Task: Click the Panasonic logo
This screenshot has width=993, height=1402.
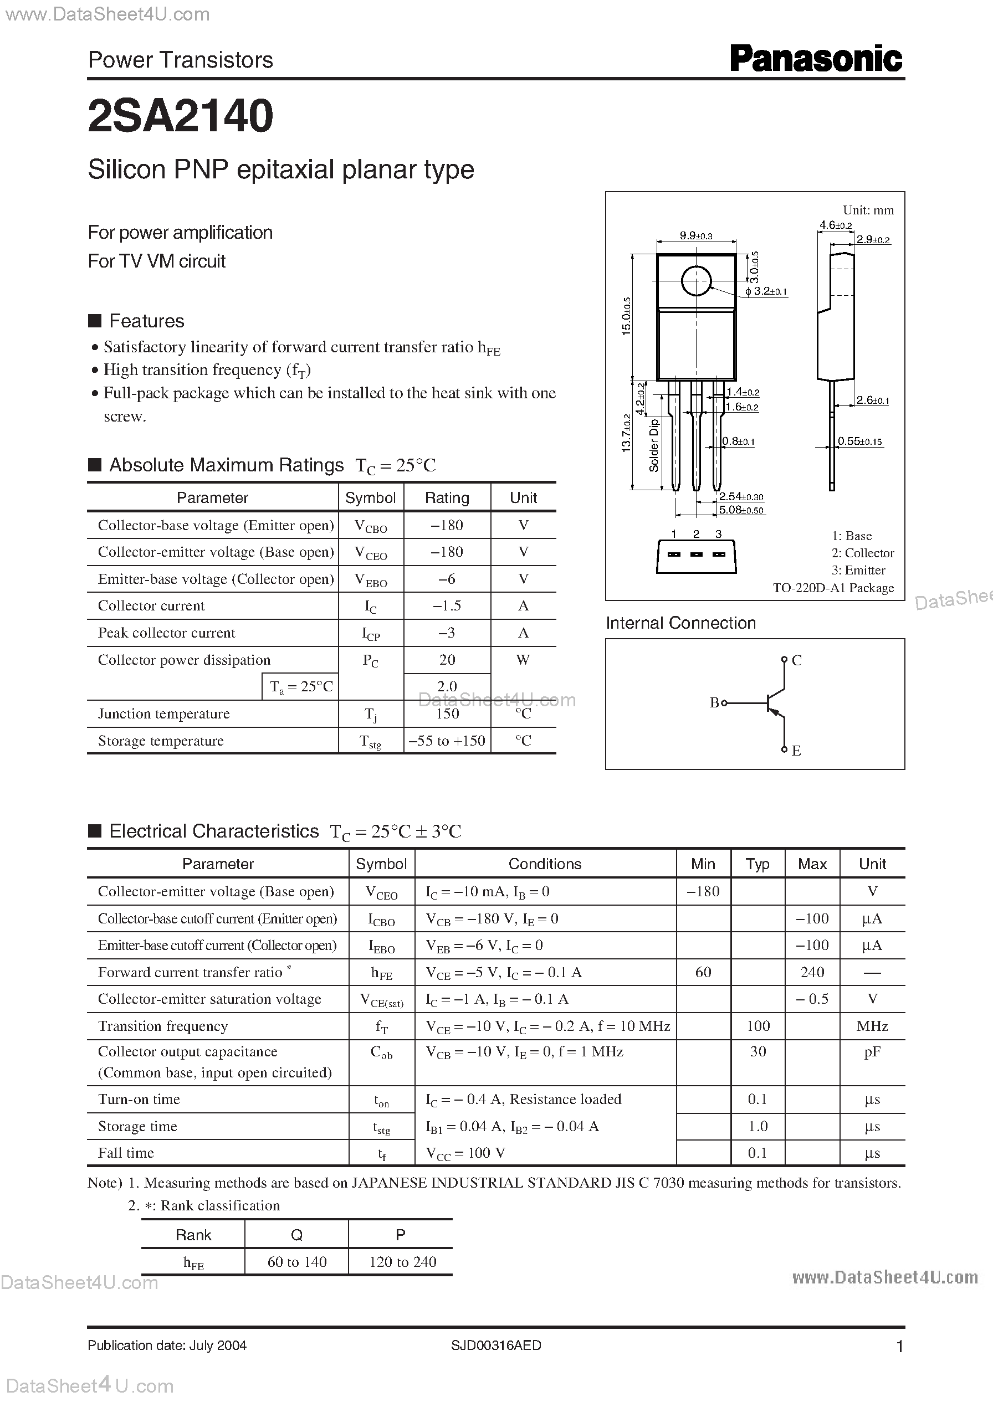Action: pos(816,60)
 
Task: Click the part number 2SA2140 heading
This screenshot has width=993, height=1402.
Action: pos(181,116)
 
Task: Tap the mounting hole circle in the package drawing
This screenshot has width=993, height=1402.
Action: pos(696,281)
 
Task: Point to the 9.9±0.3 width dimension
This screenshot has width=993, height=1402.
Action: pos(696,236)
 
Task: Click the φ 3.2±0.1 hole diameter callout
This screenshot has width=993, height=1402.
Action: pos(766,292)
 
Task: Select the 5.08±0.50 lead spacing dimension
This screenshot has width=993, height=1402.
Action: pos(741,510)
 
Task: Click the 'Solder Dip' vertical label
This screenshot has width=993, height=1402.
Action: pos(654,445)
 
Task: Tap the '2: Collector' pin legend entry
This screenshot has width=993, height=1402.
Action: pos(862,552)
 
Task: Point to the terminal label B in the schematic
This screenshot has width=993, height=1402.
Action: pos(714,703)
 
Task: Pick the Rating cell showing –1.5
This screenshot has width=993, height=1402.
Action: pos(447,605)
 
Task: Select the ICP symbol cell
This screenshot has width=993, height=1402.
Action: pos(371,633)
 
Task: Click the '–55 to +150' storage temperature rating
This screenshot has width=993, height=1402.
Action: pos(447,741)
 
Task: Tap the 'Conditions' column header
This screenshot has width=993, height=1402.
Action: pos(545,864)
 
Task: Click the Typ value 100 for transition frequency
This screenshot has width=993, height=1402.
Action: pos(757,1026)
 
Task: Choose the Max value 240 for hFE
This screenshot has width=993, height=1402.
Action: pos(812,972)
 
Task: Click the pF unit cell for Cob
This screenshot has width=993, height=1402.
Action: pos(872,1052)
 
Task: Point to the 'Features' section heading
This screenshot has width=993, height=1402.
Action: pos(146,321)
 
